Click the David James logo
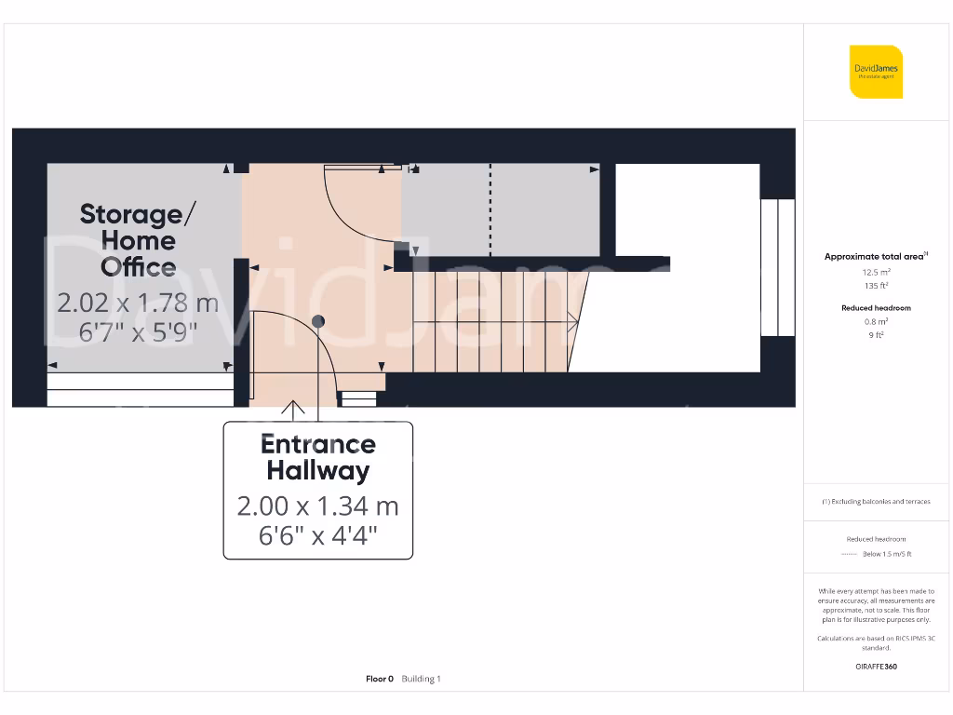pos(876,72)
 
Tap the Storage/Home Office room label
pos(138,240)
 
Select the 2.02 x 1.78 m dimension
pos(138,303)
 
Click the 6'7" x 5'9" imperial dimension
pos(138,331)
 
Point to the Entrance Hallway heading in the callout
pos(317,457)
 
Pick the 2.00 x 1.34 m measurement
pos(317,506)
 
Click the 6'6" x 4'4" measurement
pos(317,535)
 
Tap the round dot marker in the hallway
pos(318,322)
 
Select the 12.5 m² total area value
pos(876,272)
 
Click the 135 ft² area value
pos(876,286)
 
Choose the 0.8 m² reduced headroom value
pos(876,321)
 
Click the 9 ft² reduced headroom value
pos(876,334)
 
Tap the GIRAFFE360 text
pos(876,667)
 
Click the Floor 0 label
pos(379,680)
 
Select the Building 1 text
pos(421,680)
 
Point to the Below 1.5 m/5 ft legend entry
pos(886,554)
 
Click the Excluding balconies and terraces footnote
pos(876,502)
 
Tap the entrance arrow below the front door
pos(294,407)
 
